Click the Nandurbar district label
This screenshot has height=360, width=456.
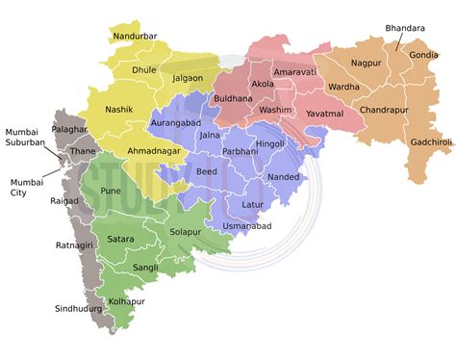click(x=135, y=37)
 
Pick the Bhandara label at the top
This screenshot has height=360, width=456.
click(x=405, y=28)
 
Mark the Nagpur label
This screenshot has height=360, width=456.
click(x=366, y=63)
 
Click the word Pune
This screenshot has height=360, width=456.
click(x=112, y=192)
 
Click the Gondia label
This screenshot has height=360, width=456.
click(x=423, y=55)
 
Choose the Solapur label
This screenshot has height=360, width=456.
click(x=186, y=232)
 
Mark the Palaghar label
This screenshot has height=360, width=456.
click(x=70, y=128)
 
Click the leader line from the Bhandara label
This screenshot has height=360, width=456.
click(x=396, y=43)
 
